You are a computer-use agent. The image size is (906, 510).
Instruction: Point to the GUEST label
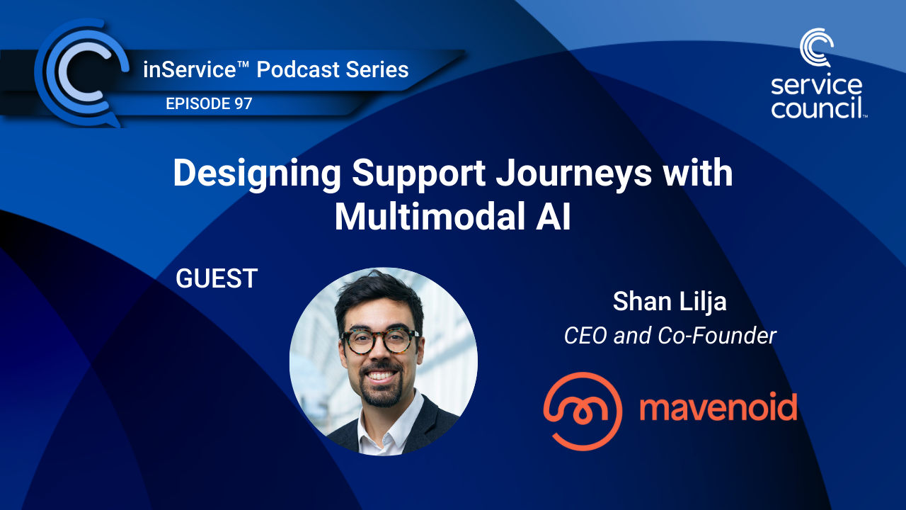coord(216,278)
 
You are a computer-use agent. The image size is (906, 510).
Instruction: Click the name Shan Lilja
coord(670,301)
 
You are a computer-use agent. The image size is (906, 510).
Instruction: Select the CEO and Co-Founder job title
coord(670,335)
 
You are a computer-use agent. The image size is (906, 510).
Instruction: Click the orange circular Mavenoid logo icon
coord(583,411)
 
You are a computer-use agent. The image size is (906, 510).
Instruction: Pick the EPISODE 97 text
coord(209,103)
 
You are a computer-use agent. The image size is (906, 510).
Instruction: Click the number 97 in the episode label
coord(241,103)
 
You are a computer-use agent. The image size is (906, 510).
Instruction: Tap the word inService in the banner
coord(180,69)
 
